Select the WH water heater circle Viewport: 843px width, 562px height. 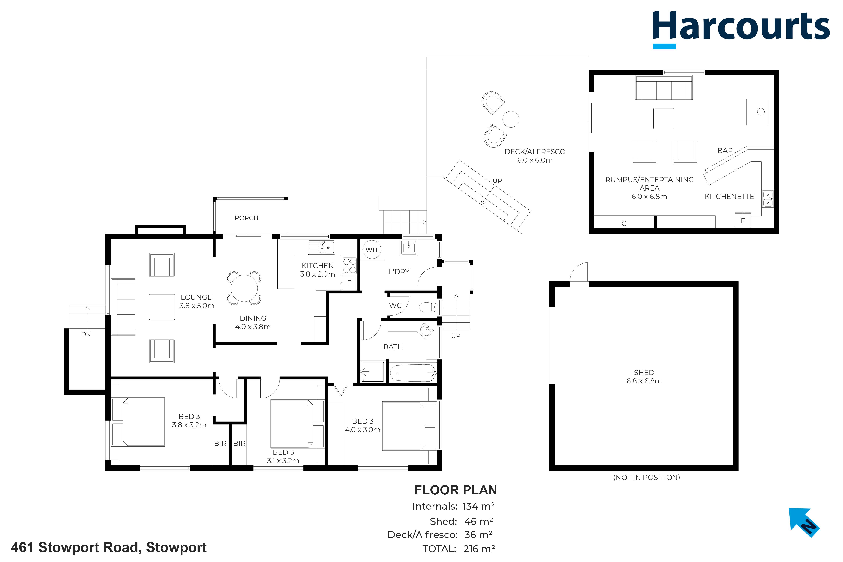pyautogui.click(x=371, y=250)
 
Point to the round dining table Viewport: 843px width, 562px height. pyautogui.click(x=244, y=288)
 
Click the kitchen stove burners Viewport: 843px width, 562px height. pyautogui.click(x=349, y=266)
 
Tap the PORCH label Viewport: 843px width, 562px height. pyautogui.click(x=247, y=218)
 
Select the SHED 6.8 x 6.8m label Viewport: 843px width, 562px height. pyautogui.click(x=644, y=377)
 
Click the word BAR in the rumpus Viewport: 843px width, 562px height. pyautogui.click(x=725, y=151)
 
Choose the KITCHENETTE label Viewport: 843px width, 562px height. pyautogui.click(x=729, y=196)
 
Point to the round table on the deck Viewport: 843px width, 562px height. pyautogui.click(x=511, y=119)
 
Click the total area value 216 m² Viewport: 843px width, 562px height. pyautogui.click(x=479, y=548)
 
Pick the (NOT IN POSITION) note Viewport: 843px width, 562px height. pyautogui.click(x=647, y=477)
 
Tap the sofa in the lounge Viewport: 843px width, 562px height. pyautogui.click(x=124, y=307)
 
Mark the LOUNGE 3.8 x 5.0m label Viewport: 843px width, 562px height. pyautogui.click(x=197, y=301)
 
